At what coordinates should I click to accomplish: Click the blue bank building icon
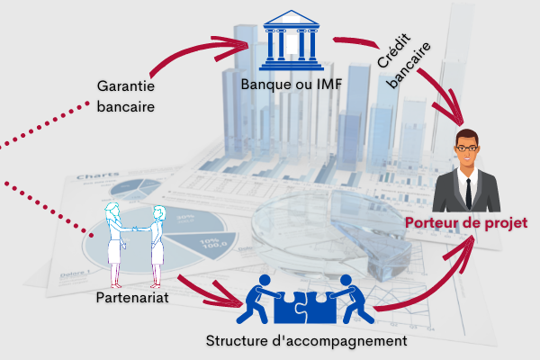click(292, 40)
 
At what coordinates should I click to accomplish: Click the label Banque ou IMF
click(292, 85)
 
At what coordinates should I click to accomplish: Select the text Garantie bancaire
click(126, 96)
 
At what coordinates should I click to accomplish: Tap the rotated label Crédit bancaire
click(403, 60)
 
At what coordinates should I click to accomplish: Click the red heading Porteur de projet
click(466, 223)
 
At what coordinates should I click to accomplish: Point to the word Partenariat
click(132, 298)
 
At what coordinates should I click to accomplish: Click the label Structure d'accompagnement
click(307, 341)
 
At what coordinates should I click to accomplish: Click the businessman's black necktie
click(468, 193)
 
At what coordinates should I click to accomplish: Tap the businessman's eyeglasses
click(467, 148)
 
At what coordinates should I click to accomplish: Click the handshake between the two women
click(135, 229)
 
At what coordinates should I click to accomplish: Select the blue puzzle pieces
click(305, 307)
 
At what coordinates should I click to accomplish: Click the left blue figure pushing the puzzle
click(258, 300)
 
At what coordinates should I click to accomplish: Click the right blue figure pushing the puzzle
click(352, 300)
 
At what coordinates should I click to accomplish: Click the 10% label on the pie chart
click(213, 243)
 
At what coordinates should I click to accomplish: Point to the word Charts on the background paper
click(98, 176)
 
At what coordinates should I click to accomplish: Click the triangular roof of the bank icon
click(292, 17)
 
